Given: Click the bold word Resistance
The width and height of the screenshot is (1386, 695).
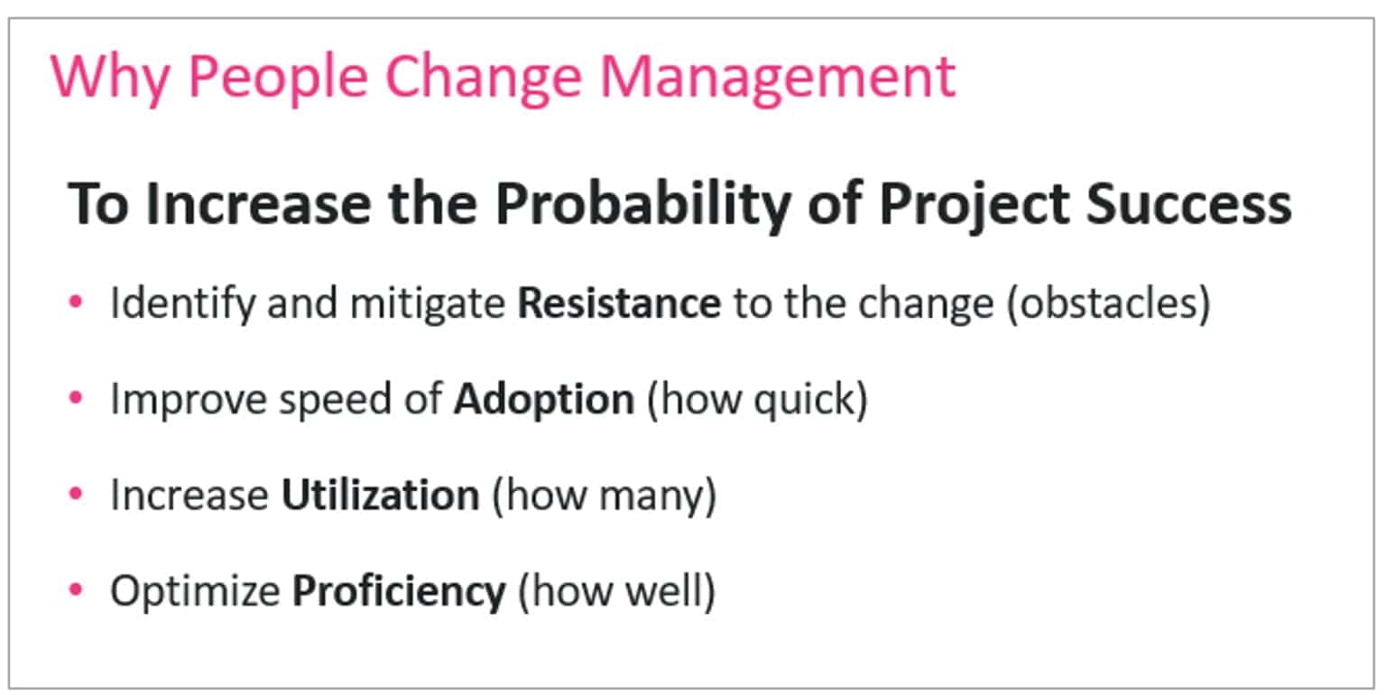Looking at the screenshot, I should [619, 303].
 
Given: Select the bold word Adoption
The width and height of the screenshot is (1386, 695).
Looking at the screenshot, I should [543, 399].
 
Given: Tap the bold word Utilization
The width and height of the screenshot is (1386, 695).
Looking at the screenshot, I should [380, 496].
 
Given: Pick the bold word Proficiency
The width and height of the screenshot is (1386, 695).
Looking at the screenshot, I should [398, 591].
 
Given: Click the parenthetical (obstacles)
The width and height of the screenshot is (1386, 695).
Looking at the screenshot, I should [1108, 303].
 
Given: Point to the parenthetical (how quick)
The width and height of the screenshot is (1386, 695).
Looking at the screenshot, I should [756, 399].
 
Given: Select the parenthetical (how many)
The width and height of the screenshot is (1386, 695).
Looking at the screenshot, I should [604, 496].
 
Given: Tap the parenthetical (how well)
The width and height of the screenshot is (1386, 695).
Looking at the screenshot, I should [615, 591].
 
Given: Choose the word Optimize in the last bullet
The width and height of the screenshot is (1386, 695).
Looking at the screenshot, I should [195, 591].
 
